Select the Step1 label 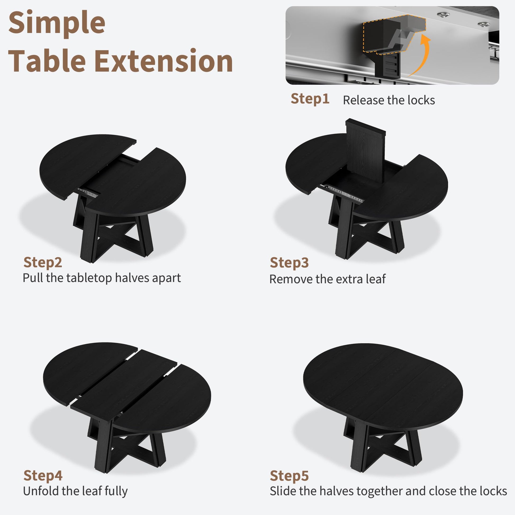310,99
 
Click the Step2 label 43,263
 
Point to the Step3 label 289,263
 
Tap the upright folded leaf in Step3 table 366,151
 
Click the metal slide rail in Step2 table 88,193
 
